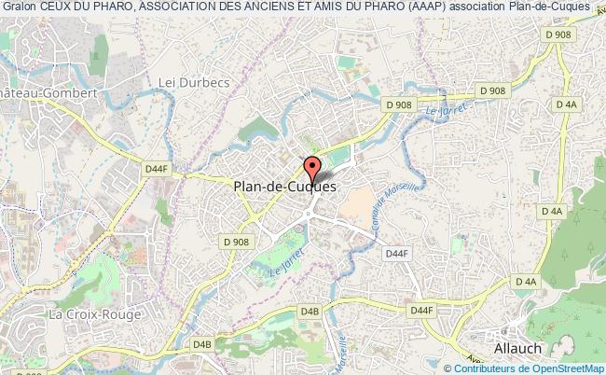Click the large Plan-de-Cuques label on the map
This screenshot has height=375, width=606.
[283, 187]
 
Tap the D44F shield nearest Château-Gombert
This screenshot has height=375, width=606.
[157, 168]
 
